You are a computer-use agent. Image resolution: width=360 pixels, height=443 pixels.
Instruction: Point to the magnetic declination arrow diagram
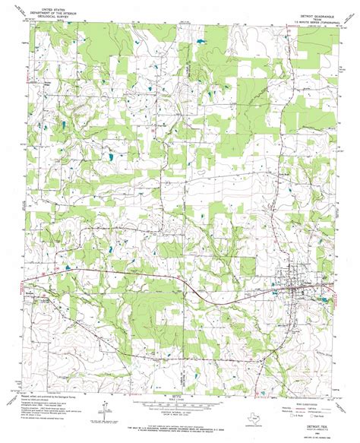[x=95, y=416]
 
